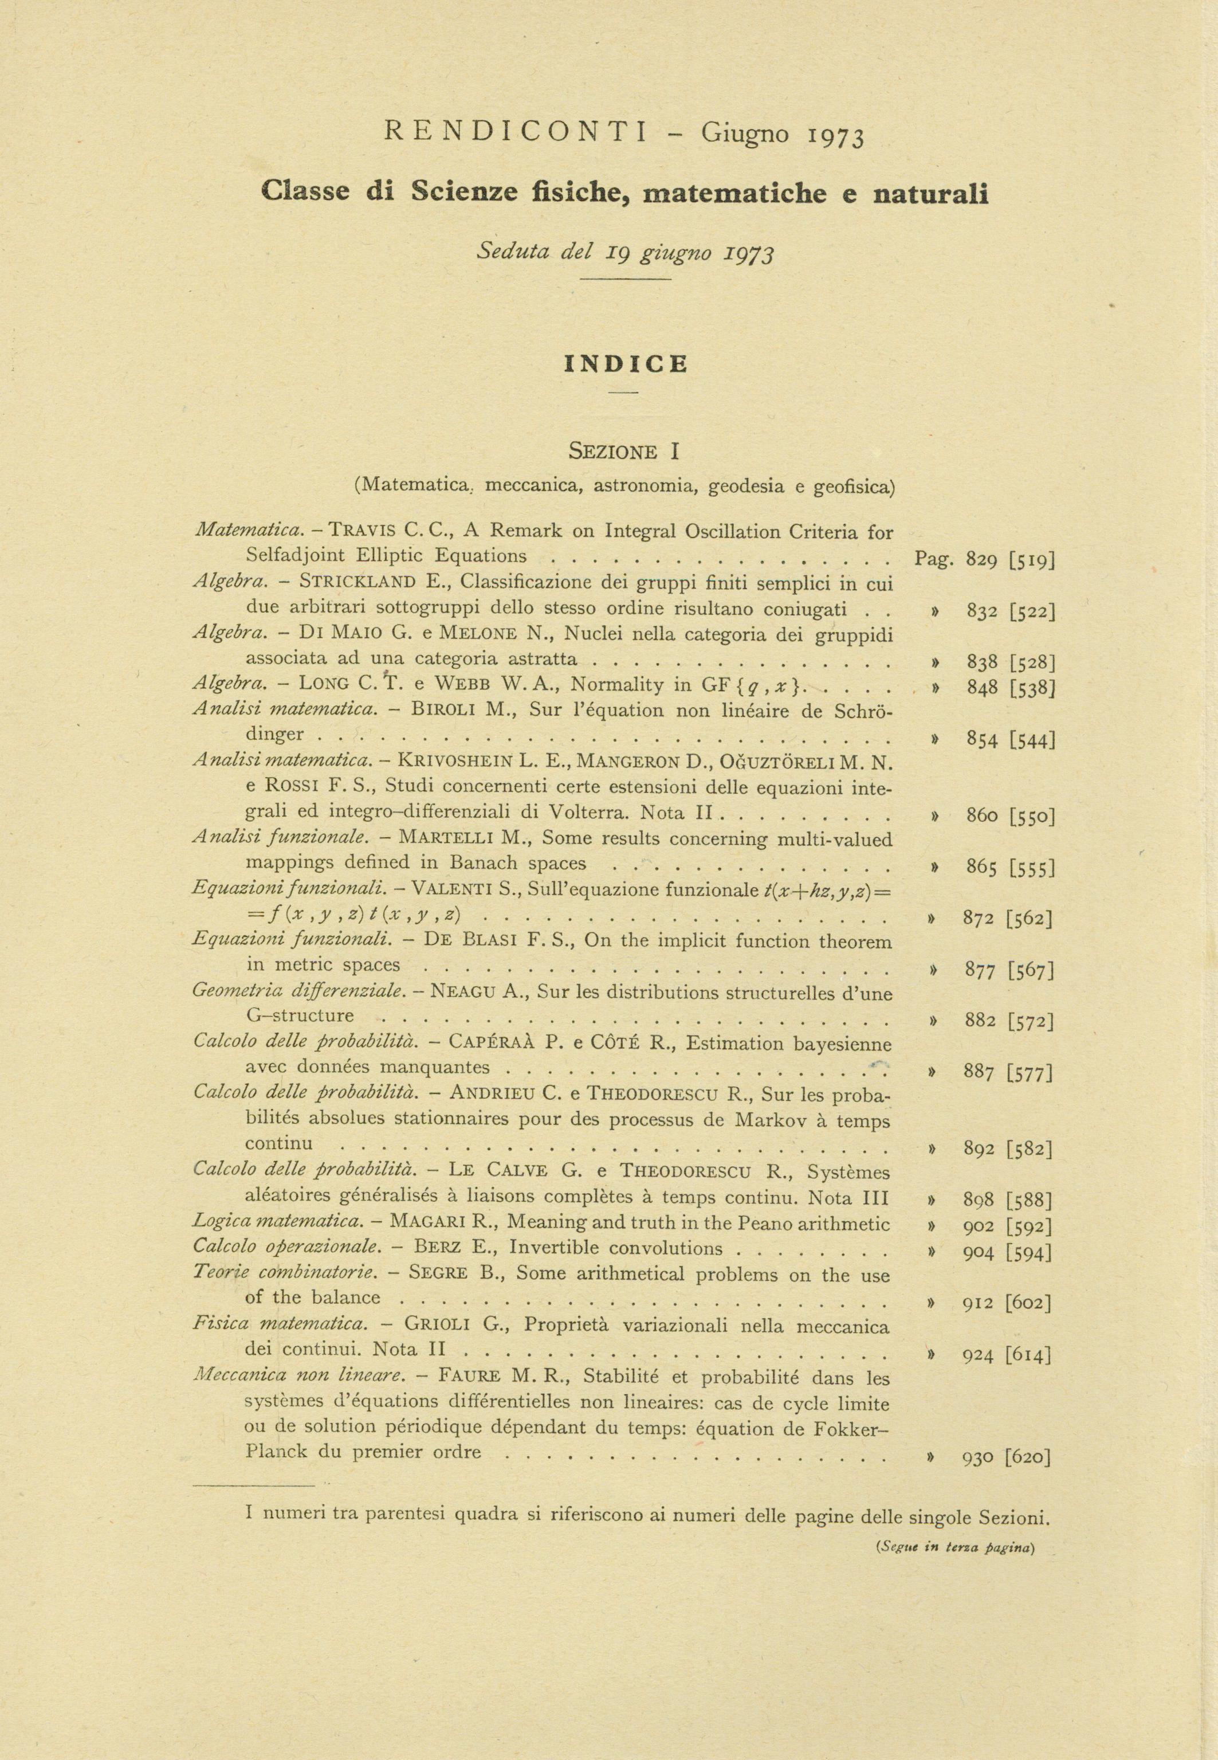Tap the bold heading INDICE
[x=626, y=364]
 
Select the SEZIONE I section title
[x=624, y=451]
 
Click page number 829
[x=981, y=559]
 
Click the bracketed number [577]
[x=1030, y=1073]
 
